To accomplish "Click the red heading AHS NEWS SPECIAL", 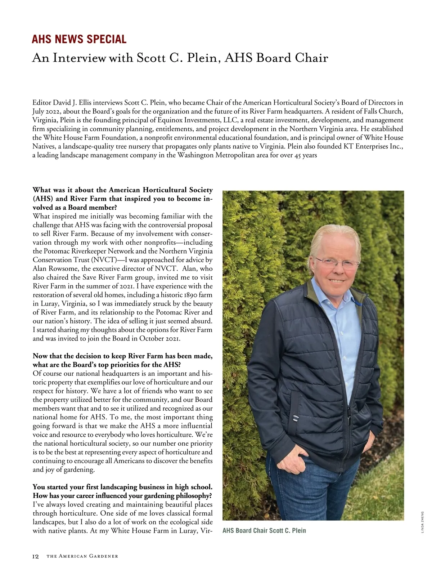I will point(79,39).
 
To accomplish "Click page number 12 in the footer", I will point(35,556).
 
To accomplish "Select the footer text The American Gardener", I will point(82,556).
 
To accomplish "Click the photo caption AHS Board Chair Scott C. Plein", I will point(264,530).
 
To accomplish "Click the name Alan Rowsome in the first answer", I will point(54,269).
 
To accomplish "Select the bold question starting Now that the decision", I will point(122,360).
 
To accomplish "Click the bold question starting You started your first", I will point(122,491).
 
